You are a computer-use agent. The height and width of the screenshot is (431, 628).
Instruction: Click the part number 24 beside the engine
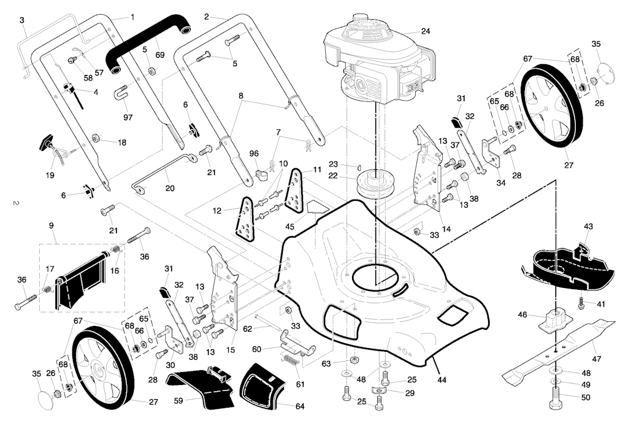(x=426, y=31)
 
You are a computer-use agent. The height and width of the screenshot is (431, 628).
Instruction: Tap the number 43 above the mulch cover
(x=589, y=227)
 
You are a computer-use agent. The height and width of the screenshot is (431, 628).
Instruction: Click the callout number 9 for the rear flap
(x=51, y=225)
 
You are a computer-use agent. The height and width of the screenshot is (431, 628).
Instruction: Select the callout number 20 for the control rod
(x=170, y=188)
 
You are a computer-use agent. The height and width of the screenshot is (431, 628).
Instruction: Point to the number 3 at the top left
(x=22, y=20)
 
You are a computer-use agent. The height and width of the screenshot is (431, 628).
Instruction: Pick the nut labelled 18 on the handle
(x=96, y=137)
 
